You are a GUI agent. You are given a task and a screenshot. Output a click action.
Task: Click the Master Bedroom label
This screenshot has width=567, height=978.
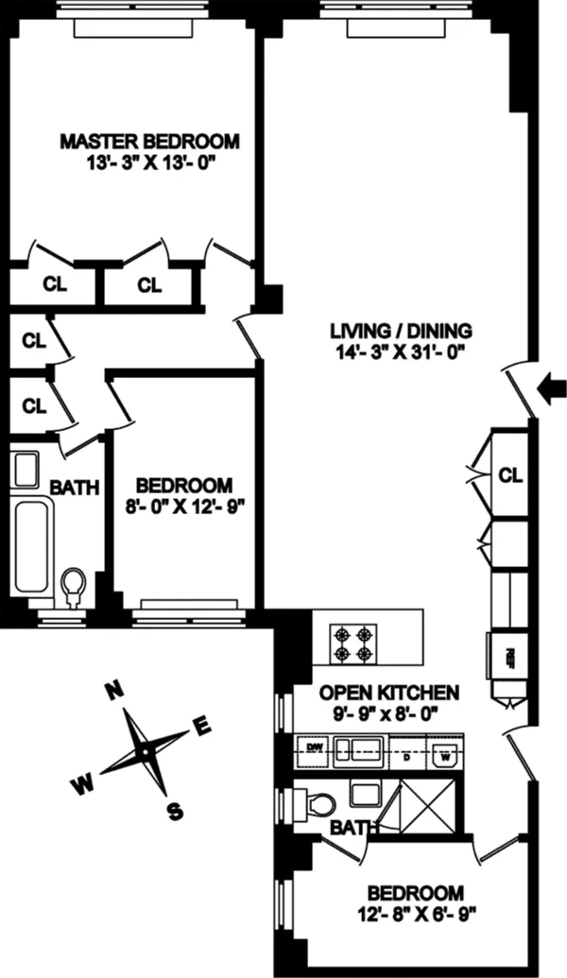[x=149, y=142]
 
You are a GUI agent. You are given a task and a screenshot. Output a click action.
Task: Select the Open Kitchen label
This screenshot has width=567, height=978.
[x=375, y=692]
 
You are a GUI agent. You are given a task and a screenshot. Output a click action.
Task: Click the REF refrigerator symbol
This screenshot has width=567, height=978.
[x=507, y=655]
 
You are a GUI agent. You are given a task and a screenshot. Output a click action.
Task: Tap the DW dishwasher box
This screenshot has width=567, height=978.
[x=317, y=749]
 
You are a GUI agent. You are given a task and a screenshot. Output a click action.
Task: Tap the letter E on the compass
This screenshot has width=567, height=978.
[x=201, y=726]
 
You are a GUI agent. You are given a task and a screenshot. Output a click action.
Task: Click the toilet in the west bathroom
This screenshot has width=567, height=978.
[x=73, y=588]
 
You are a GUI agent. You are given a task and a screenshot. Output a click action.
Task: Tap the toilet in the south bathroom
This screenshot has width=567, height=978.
[x=318, y=805]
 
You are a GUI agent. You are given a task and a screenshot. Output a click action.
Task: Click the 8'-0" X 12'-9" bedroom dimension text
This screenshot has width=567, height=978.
[x=183, y=505]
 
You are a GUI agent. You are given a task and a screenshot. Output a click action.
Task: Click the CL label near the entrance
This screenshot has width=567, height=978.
[x=510, y=474]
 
